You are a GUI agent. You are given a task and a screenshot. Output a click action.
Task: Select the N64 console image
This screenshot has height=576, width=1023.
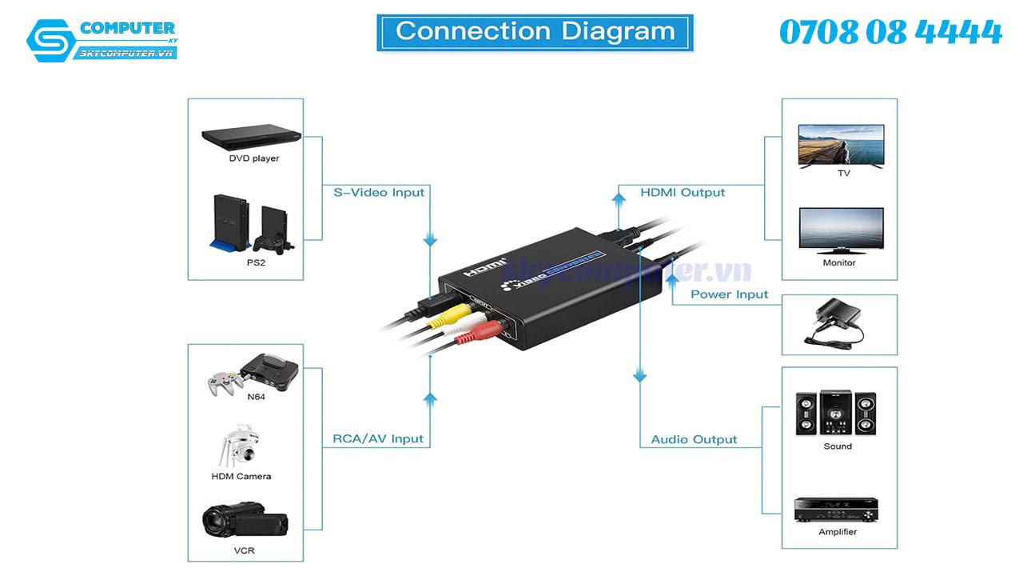(253, 374)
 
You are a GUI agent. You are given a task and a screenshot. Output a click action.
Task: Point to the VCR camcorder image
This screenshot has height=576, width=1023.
(244, 522)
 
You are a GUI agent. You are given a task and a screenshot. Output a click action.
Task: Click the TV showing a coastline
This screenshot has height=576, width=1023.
(841, 145)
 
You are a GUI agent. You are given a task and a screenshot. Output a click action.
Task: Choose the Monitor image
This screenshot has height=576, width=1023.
(841, 230)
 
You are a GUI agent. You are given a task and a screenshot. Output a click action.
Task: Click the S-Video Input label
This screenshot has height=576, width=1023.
(379, 193)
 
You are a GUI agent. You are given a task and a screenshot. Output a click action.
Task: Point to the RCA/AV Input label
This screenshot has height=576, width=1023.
(378, 439)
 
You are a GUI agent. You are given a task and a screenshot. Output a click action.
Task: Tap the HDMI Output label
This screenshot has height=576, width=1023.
(683, 193)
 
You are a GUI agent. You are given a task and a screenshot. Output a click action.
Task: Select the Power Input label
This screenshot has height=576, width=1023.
(729, 294)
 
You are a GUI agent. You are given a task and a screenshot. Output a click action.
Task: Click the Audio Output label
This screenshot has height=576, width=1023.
(694, 439)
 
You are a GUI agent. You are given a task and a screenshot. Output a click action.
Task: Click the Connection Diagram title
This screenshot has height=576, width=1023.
(535, 32)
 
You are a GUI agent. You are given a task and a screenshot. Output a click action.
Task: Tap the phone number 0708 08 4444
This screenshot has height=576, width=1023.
(890, 33)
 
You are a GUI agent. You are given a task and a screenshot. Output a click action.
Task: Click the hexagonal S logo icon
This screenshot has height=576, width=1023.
(50, 41)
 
